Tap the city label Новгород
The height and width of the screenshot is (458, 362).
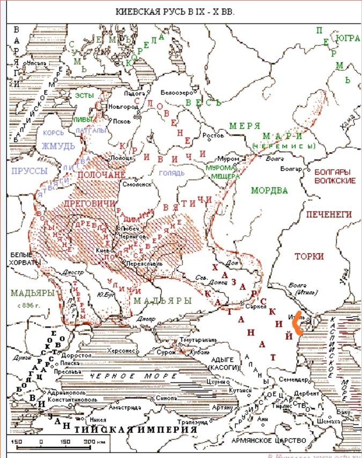(x=123, y=107)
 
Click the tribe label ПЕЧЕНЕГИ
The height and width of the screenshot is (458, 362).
(x=328, y=214)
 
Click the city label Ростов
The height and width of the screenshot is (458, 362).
(x=214, y=136)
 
